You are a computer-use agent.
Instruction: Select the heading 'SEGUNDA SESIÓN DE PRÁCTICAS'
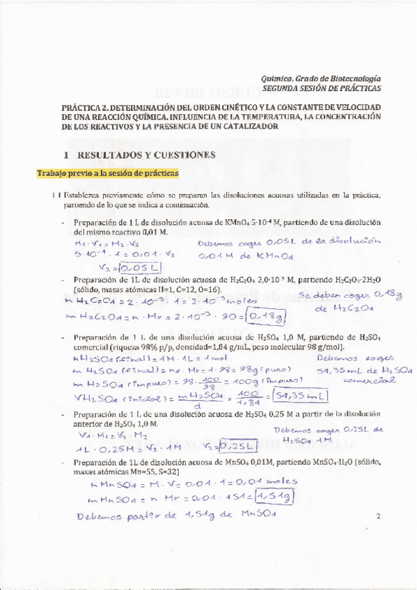322,89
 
